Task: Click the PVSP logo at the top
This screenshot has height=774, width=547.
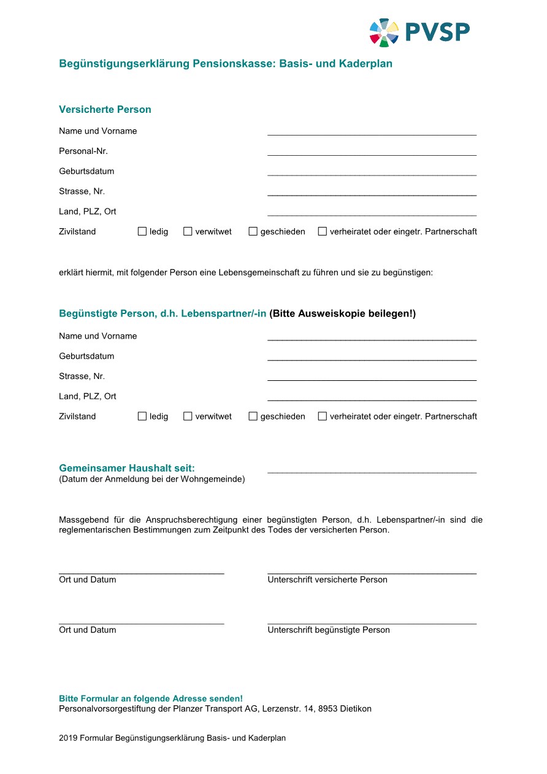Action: click(419, 32)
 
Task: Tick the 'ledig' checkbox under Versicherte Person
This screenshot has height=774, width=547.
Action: click(142, 231)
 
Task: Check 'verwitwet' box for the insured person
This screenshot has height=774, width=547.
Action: click(188, 231)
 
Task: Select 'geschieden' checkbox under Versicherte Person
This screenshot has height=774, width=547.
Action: click(253, 231)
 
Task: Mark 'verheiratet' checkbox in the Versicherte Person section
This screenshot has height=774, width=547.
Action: click(322, 231)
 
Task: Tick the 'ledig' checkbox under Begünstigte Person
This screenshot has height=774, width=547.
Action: click(142, 416)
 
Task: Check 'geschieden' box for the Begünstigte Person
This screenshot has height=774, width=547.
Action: click(253, 416)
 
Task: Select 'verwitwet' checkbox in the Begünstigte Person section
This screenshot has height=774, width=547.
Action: click(188, 416)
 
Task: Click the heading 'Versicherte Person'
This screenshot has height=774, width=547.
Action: click(105, 110)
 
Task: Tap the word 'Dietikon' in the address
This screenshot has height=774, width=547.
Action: click(356, 709)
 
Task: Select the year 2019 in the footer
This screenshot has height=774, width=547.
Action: click(68, 738)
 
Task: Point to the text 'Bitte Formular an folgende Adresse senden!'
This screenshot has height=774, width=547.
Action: click(151, 699)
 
